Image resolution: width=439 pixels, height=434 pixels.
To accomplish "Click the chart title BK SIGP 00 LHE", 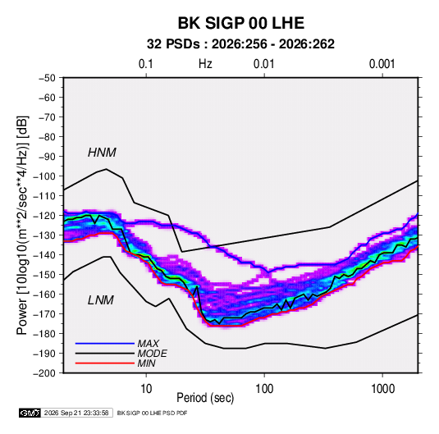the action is tap(241, 23).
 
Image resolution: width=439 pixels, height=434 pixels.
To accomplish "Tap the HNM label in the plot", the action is tap(102, 153).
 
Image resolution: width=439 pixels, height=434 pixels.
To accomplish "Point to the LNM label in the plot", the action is tap(101, 300).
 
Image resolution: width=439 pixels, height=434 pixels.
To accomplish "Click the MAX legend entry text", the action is tap(148, 344).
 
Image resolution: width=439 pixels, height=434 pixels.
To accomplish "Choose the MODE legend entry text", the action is tap(152, 354).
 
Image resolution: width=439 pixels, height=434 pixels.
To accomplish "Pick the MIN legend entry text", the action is tap(146, 363).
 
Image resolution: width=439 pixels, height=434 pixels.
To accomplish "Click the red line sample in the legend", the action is tap(105, 363).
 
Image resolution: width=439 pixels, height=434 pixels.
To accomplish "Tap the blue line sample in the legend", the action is tap(105, 344).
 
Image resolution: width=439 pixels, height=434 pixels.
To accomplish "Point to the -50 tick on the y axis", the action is tap(47, 78).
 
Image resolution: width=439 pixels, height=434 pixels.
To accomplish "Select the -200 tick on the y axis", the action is tap(44, 373).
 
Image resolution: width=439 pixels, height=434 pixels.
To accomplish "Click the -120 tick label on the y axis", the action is tap(44, 216).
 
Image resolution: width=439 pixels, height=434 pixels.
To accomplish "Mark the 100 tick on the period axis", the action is tap(264, 389).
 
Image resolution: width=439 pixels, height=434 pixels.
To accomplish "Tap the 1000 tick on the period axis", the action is tap(382, 389).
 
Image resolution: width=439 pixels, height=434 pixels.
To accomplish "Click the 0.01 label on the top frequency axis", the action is tap(264, 64).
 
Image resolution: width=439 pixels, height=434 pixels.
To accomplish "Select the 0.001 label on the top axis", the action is tap(382, 64).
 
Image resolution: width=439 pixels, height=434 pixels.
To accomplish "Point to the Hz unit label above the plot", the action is tap(205, 64).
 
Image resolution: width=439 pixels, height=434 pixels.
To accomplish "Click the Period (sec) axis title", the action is tap(205, 398).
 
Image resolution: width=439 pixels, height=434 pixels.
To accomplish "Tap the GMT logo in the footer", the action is tap(30, 413).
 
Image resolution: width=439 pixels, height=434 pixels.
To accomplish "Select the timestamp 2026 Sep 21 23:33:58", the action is tap(76, 413).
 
